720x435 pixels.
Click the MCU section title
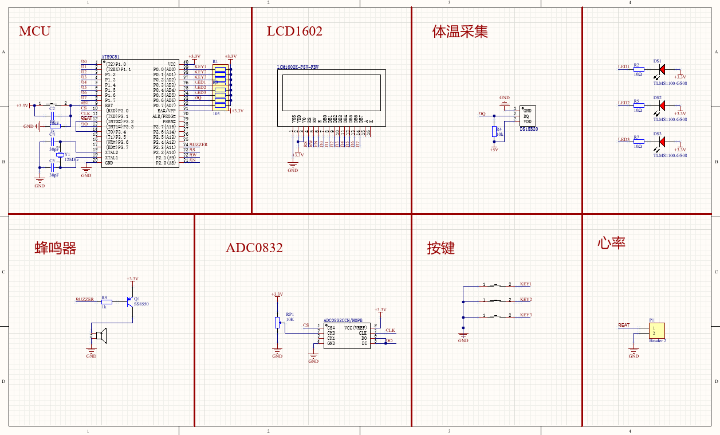[34, 31]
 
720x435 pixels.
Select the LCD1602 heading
[294, 31]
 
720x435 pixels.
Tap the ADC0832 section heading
[254, 248]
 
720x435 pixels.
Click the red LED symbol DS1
[662, 69]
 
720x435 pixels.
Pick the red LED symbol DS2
[662, 105]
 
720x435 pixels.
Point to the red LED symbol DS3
[662, 142]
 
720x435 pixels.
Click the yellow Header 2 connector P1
[656, 331]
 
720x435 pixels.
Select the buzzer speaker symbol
[100, 337]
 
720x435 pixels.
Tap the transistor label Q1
[136, 299]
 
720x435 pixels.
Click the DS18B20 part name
[529, 130]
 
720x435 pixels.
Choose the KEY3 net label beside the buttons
[526, 315]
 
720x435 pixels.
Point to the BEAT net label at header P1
[624, 325]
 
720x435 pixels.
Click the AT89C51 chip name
[111, 57]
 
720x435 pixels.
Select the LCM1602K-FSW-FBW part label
[298, 67]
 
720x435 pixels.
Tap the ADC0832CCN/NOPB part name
[343, 320]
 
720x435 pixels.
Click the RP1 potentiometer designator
[289, 314]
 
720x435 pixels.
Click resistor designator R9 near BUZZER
[104, 297]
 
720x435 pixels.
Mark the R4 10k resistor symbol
[494, 132]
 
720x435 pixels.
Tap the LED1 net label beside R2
[624, 66]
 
